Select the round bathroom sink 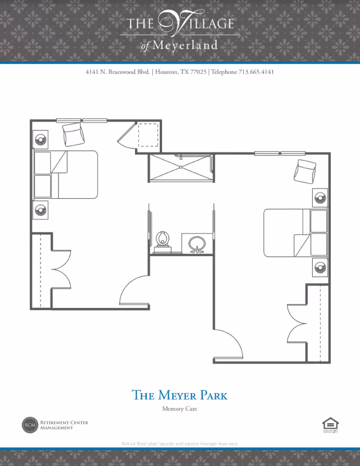[x=197, y=244]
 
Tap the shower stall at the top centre [x=181, y=168]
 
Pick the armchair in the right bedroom [x=306, y=171]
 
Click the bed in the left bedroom [x=66, y=174]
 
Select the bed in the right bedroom [x=295, y=233]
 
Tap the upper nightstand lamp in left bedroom [x=40, y=140]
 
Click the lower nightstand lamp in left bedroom [x=40, y=209]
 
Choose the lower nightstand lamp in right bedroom [x=321, y=266]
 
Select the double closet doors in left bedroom [x=61, y=269]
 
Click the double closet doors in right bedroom [x=297, y=322]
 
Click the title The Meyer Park [x=179, y=395]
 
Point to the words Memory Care [x=179, y=409]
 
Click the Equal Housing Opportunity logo [x=328, y=425]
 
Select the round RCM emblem [x=29, y=425]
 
